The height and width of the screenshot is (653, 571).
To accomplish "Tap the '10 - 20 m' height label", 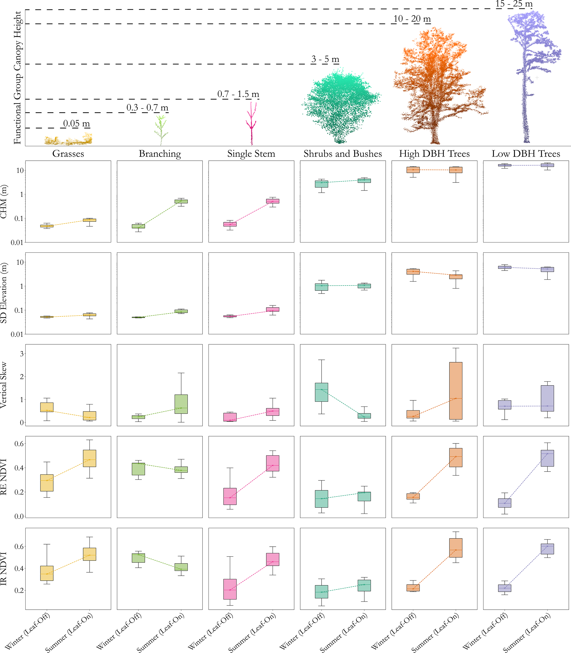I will [412, 19].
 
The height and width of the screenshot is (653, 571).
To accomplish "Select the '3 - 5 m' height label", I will [325, 59].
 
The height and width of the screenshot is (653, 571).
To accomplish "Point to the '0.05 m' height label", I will [77, 124].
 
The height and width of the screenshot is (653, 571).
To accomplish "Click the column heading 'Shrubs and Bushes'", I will [343, 154].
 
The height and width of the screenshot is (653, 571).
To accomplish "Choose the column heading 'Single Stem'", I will [251, 154].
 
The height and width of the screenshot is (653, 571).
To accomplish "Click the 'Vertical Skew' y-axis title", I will [4, 385].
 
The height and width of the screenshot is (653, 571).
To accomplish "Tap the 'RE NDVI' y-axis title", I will [4, 477].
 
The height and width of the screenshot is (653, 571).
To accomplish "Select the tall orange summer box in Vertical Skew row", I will [456, 391].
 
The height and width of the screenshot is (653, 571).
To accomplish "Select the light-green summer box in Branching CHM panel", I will [181, 201].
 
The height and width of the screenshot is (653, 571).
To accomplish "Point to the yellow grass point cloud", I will [69, 140].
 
